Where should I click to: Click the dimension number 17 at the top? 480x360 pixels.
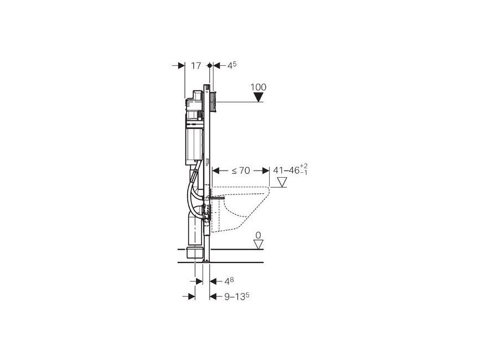(196, 65)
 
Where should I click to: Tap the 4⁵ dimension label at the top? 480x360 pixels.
(232, 65)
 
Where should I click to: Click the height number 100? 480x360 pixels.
(259, 88)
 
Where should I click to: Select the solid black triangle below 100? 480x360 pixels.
(259, 97)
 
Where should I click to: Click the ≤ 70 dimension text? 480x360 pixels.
(241, 171)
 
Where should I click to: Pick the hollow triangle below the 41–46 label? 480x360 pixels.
(282, 182)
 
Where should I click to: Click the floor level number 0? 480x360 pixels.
(259, 235)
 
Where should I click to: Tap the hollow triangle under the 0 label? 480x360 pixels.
(259, 245)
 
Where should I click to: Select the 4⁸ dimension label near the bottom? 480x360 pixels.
(230, 281)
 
